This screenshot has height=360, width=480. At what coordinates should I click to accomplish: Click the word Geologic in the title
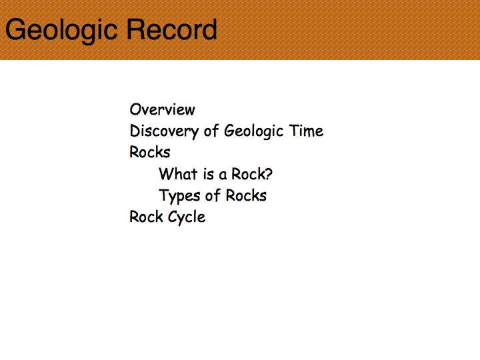click(x=61, y=31)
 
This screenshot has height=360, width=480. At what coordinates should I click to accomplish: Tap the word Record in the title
click(x=172, y=29)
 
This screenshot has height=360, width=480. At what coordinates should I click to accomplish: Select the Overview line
click(x=162, y=109)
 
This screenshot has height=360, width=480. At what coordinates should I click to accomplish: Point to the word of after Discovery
click(x=211, y=131)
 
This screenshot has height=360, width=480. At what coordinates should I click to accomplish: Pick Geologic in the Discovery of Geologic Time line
click(x=254, y=131)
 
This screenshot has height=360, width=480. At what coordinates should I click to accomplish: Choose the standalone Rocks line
click(x=150, y=152)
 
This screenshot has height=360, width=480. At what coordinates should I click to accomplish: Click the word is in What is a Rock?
click(x=209, y=174)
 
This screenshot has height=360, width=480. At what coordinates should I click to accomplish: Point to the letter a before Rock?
click(x=223, y=175)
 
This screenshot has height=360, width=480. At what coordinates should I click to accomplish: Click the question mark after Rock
click(x=268, y=174)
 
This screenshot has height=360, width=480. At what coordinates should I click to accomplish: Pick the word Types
click(x=180, y=196)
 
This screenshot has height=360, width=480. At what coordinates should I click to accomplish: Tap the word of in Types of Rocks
click(x=213, y=195)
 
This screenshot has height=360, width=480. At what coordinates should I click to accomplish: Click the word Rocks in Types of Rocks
click(x=246, y=195)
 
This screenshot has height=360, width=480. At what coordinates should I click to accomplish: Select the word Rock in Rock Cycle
click(x=146, y=217)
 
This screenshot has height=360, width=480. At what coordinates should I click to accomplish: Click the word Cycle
click(x=187, y=217)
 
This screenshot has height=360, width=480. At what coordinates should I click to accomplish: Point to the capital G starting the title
click(x=15, y=29)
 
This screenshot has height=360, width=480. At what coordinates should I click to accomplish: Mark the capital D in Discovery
click(x=135, y=131)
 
